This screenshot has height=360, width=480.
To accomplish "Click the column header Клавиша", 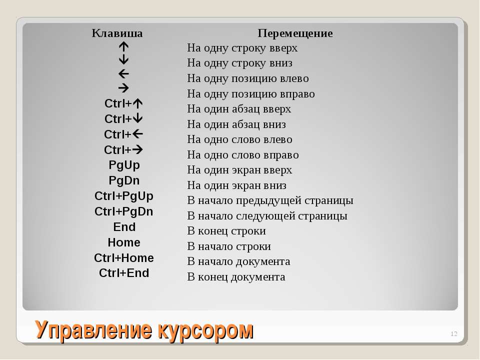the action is pyautogui.click(x=117, y=33).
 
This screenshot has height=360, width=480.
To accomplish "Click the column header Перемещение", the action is pyautogui.click(x=295, y=33).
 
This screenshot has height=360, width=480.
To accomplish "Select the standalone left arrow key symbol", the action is pyautogui.click(x=123, y=74).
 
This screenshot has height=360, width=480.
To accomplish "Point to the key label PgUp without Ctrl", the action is pyautogui.click(x=124, y=165).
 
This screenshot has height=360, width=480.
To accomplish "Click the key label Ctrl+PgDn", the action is pyautogui.click(x=123, y=211).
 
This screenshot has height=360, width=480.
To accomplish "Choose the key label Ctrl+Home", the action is pyautogui.click(x=123, y=258).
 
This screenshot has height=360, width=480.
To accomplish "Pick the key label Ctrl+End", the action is pyautogui.click(x=124, y=273).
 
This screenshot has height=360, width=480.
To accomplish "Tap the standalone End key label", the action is pyautogui.click(x=124, y=227).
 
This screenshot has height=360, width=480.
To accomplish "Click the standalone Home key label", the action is pyautogui.click(x=124, y=242).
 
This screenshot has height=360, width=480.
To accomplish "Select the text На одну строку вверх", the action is pyautogui.click(x=242, y=48).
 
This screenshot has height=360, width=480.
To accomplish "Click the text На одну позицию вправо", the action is pyautogui.click(x=250, y=93).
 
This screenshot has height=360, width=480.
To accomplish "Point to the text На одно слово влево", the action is pyautogui.click(x=239, y=139).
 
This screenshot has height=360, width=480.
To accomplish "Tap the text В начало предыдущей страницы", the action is pyautogui.click(x=270, y=200).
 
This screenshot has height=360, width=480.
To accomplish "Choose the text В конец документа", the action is pyautogui.click(x=236, y=277).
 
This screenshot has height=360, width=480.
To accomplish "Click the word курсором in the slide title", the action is pyautogui.click(x=205, y=330).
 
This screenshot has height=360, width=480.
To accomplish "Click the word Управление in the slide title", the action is pyautogui.click(x=93, y=330).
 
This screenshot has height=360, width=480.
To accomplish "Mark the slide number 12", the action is pyautogui.click(x=454, y=333).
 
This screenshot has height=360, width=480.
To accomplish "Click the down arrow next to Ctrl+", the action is pyautogui.click(x=137, y=118).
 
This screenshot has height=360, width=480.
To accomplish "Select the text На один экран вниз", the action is pyautogui.click(x=236, y=185).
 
